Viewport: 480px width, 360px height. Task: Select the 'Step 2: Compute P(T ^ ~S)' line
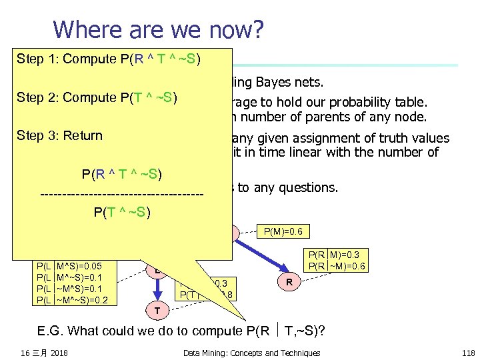pyautogui.click(x=96, y=97)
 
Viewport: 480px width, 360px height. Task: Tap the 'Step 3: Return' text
pyautogui.click(x=59, y=135)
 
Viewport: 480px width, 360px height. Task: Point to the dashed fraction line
pyautogui.click(x=121, y=194)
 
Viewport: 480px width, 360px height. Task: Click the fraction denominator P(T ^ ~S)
pyautogui.click(x=122, y=213)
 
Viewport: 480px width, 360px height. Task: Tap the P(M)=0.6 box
pyautogui.click(x=283, y=232)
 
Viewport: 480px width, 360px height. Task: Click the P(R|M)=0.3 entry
pyautogui.click(x=337, y=255)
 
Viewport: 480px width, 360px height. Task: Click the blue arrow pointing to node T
pyautogui.click(x=157, y=289)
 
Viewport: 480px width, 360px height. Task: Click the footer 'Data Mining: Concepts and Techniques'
pyautogui.click(x=251, y=353)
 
